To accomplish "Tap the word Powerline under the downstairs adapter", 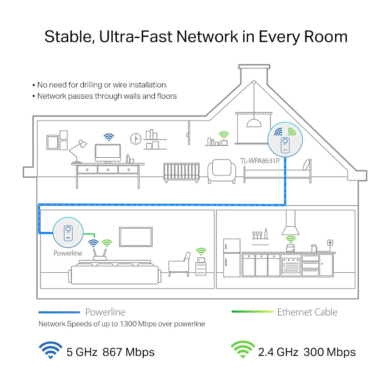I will coord(68,253).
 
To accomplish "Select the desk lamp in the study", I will coord(78,150).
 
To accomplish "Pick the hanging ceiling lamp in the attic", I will coord(253,121).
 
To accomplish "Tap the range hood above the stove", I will coord(291,223).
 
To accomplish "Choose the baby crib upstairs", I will coord(181,172).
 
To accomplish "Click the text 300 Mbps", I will coord(330,352).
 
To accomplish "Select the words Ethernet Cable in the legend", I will coord(307,312).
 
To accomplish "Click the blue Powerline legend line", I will coord(60,312).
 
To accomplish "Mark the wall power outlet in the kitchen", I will coord(329,243).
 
